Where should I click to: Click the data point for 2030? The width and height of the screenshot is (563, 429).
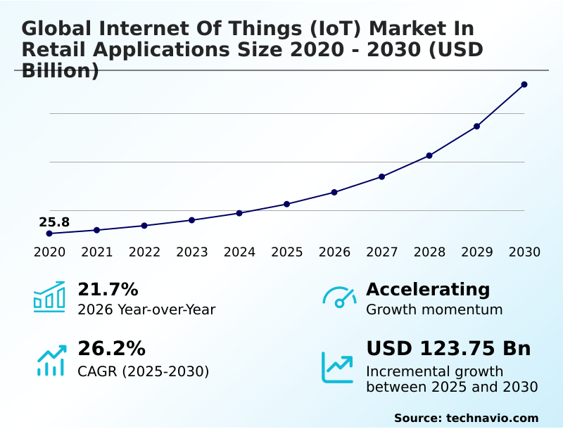[524, 84]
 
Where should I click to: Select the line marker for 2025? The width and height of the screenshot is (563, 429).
[287, 204]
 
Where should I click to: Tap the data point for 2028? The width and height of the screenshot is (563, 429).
[429, 155]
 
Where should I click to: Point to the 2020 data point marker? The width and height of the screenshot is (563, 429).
[49, 233]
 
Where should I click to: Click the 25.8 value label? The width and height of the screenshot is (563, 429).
[54, 222]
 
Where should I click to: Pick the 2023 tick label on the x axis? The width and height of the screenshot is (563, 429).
[192, 252]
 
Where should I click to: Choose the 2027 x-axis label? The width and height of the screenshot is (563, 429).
[382, 252]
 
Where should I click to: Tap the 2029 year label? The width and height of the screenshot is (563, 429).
[477, 252]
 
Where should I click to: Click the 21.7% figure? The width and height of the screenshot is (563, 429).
[108, 289]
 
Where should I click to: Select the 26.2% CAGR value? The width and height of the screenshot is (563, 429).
[111, 349]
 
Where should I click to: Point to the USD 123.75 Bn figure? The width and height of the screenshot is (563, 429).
[448, 349]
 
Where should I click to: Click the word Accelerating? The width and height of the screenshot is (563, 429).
[428, 289]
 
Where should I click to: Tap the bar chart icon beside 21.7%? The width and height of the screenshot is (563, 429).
[49, 297]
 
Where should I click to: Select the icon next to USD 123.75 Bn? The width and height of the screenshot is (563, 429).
[337, 367]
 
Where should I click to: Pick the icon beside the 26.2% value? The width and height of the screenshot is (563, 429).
[51, 360]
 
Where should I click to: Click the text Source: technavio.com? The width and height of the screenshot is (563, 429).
[466, 418]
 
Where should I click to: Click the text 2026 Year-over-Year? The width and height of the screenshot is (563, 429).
[146, 309]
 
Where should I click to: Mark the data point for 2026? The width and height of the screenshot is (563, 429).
[334, 192]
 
